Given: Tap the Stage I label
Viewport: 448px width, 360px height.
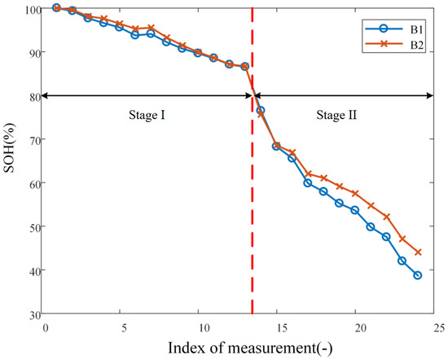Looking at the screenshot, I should click(x=147, y=116).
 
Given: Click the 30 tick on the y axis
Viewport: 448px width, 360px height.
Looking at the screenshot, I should click(x=34, y=314).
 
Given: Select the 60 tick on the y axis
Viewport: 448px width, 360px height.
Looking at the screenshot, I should click(x=34, y=183).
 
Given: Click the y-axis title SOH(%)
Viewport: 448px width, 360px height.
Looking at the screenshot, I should click(x=11, y=161).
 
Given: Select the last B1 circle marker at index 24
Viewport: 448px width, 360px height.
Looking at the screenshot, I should click(x=417, y=275).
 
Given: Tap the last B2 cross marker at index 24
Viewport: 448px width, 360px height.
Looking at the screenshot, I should click(x=417, y=252).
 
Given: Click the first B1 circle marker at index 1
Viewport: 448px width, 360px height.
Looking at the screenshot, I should click(x=56, y=8).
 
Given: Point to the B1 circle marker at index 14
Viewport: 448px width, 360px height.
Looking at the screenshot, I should click(x=260, y=111).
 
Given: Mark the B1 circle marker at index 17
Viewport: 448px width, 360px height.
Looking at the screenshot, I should click(x=307, y=182).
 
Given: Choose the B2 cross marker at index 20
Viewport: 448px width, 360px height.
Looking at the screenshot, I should click(x=354, y=193).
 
